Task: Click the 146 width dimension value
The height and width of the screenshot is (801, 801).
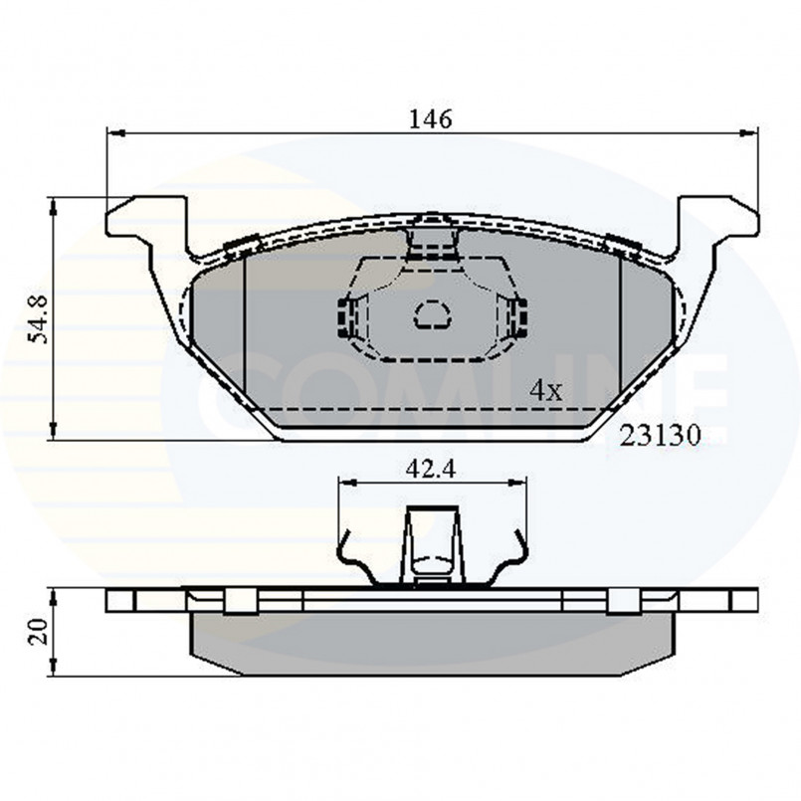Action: coord(431,119)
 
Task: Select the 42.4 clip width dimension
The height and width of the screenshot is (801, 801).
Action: coord(431,469)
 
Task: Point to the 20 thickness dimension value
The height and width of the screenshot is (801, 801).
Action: coord(39,632)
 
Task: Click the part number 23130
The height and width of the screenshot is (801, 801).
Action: coord(660,436)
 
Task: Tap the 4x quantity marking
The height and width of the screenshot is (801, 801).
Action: coord(545,391)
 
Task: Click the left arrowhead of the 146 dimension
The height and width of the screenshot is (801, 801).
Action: coord(115,133)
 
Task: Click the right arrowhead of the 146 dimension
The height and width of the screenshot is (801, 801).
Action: coord(749,133)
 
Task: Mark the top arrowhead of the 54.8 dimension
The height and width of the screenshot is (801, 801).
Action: coord(53,206)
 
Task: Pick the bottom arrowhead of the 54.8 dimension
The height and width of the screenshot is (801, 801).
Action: coord(53,431)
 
